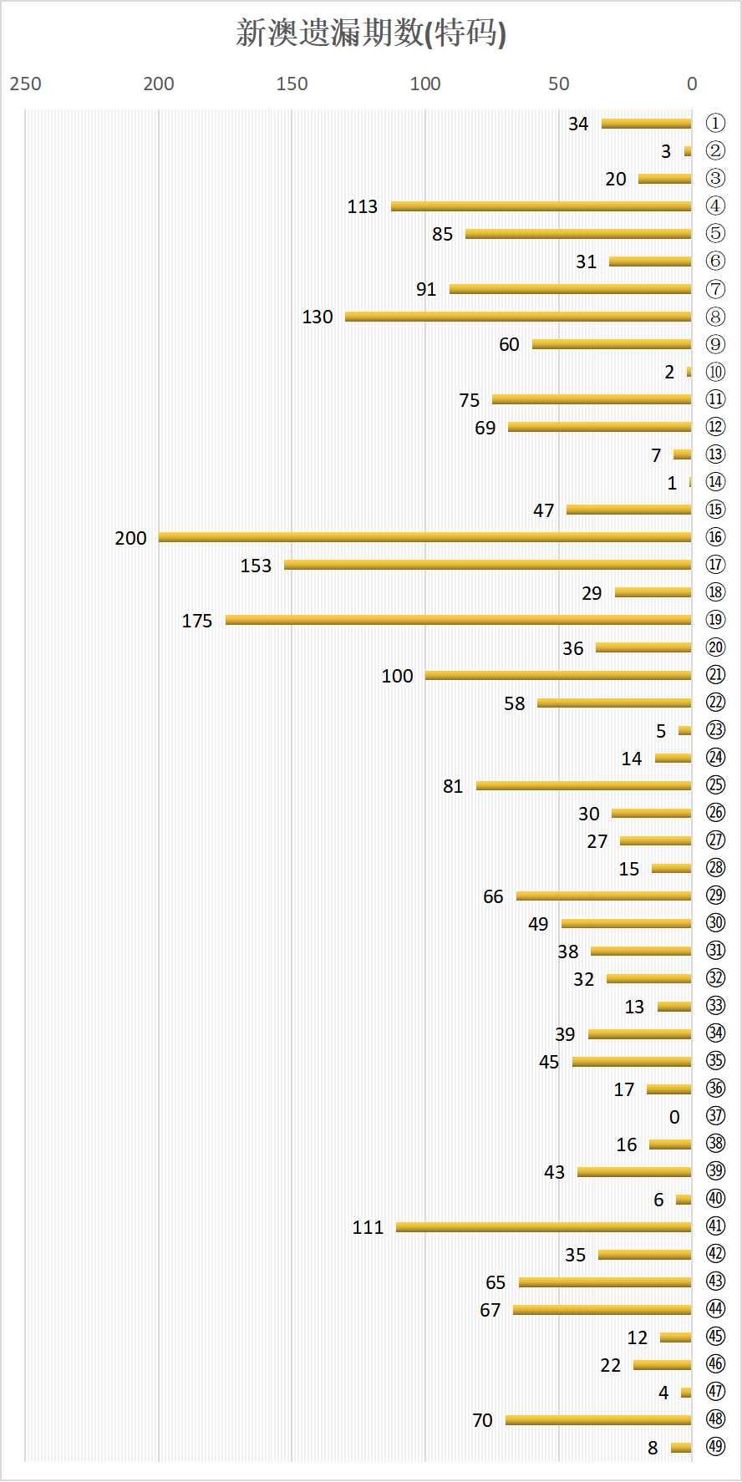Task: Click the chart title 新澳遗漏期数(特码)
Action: click(371, 33)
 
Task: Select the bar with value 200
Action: click(424, 537)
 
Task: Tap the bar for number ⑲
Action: click(458, 620)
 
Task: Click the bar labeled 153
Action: click(487, 565)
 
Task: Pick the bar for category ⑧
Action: click(518, 317)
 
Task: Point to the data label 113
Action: click(363, 206)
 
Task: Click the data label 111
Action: click(368, 1227)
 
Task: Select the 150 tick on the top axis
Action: click(292, 84)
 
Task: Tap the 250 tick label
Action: click(25, 84)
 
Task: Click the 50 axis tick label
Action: click(558, 84)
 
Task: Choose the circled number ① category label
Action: click(715, 124)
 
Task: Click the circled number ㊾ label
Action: click(715, 1447)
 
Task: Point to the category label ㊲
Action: click(715, 1116)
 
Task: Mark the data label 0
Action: click(674, 1117)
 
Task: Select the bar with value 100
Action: click(558, 675)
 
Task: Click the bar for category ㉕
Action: click(583, 785)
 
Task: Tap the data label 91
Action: click(426, 289)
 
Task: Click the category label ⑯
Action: click(715, 537)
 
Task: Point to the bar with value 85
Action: click(578, 234)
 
